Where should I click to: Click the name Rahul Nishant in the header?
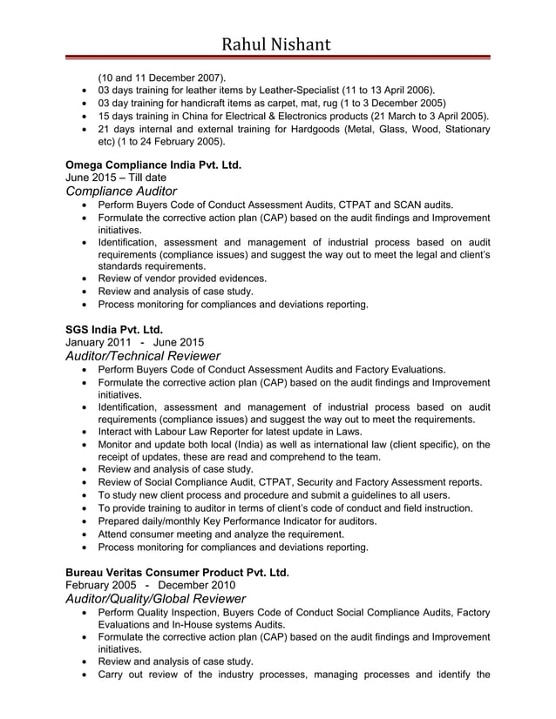pos(277,43)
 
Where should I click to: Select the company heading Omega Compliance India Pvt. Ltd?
pos(153,164)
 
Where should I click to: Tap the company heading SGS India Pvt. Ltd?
pos(114,329)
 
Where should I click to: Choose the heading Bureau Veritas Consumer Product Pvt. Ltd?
pos(177,572)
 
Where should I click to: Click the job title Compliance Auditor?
pos(121,191)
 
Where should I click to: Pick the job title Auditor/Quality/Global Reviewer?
pos(156,599)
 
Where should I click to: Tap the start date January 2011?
pos(95,342)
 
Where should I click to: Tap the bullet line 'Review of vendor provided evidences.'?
pos(182,279)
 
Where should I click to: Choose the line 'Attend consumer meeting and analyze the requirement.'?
pos(220,534)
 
